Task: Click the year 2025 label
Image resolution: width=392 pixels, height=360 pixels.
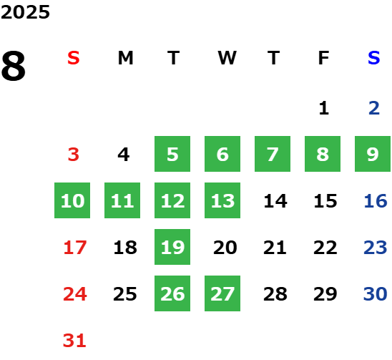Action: pyautogui.click(x=25, y=12)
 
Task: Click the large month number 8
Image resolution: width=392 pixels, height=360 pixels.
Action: pyautogui.click(x=14, y=66)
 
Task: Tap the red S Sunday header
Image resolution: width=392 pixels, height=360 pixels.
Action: pyautogui.click(x=74, y=58)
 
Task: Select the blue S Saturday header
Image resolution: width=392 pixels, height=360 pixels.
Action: pyautogui.click(x=374, y=58)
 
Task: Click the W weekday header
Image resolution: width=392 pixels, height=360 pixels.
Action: pyautogui.click(x=227, y=58)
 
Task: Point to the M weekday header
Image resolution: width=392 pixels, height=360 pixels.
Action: pyautogui.click(x=125, y=58)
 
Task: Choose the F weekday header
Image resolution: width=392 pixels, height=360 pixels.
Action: pyautogui.click(x=324, y=58)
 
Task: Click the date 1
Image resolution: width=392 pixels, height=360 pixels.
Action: pyautogui.click(x=324, y=108)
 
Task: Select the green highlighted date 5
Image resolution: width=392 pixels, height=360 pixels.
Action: pyautogui.click(x=172, y=154)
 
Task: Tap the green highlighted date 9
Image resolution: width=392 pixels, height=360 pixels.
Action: pyautogui.click(x=373, y=154)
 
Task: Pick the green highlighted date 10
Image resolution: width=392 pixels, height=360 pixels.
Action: pyautogui.click(x=72, y=200)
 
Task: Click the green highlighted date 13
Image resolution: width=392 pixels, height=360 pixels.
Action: pyautogui.click(x=222, y=200)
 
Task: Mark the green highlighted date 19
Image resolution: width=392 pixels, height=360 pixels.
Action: pyautogui.click(x=172, y=247)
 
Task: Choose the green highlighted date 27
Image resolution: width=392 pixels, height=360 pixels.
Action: pyautogui.click(x=222, y=293)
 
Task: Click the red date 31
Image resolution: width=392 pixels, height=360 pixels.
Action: pyautogui.click(x=74, y=341)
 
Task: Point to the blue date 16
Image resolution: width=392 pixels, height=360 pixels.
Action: pyautogui.click(x=376, y=201)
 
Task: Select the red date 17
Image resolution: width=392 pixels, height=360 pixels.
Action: pyautogui.click(x=75, y=248)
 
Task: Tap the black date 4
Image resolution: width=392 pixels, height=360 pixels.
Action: pyautogui.click(x=124, y=155)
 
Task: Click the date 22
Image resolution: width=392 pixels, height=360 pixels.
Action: pyautogui.click(x=325, y=248)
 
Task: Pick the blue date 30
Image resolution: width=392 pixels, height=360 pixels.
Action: pyautogui.click(x=376, y=294)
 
